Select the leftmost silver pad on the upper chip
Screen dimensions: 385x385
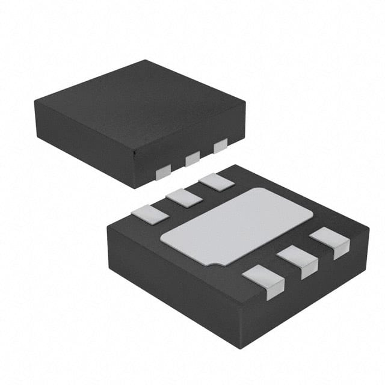point(164,173)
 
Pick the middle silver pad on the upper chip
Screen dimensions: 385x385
point(192,159)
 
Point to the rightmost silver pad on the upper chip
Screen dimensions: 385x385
point(221,146)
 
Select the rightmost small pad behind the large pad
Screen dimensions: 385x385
point(216,182)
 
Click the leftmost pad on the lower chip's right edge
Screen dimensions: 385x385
point(263,280)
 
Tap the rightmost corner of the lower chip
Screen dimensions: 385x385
point(369,227)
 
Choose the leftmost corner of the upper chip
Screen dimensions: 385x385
point(34,100)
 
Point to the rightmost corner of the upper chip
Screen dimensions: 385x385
point(245,103)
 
